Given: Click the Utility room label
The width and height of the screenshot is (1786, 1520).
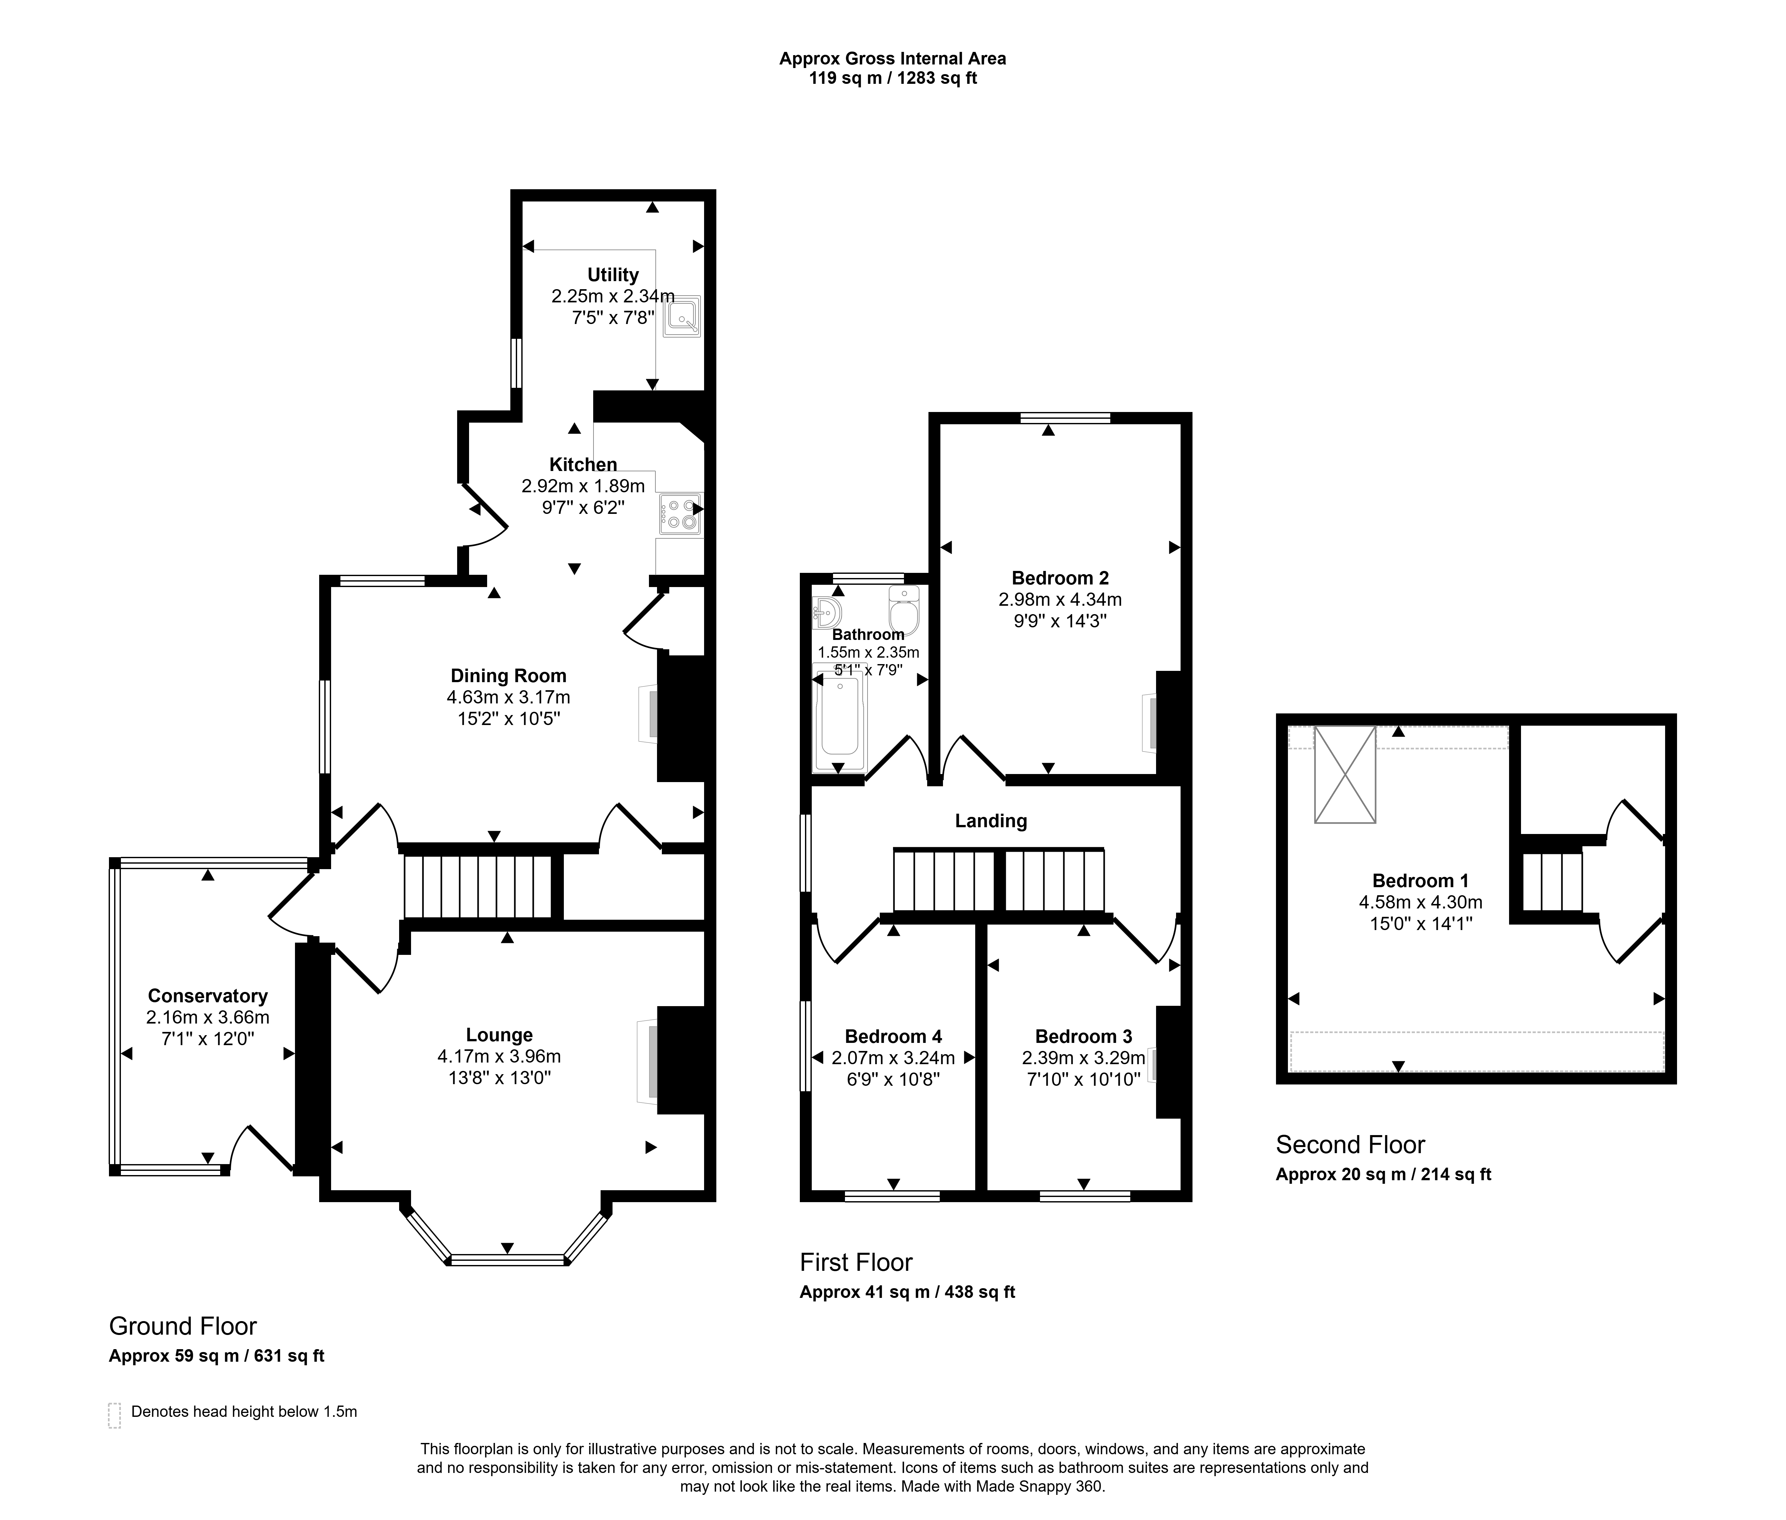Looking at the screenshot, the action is point(613,275).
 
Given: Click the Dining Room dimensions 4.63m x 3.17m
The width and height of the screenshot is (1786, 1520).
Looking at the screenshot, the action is point(508,697).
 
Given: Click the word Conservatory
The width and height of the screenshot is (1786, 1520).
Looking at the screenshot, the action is point(208,996).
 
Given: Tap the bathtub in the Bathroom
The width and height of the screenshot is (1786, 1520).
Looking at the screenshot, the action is point(838,716).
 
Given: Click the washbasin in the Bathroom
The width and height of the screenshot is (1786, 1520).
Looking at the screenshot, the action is point(826,613).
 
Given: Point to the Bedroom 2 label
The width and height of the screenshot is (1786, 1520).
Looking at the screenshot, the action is point(1060,578).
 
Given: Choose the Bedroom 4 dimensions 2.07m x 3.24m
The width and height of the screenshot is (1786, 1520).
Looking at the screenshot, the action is point(893,1057).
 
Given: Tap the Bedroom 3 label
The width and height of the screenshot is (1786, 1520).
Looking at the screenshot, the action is point(1083,1037).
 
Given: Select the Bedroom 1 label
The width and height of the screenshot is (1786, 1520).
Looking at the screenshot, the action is point(1420,881).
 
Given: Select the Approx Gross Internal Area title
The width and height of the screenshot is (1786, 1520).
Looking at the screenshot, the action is point(893,59).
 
